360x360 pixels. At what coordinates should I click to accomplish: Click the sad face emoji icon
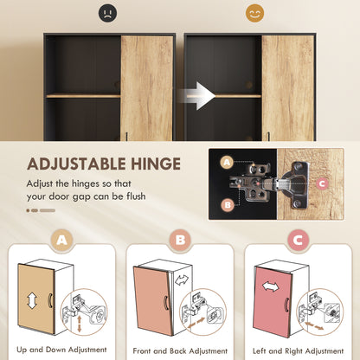(x=106, y=14)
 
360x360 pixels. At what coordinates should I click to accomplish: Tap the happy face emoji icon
(x=254, y=14)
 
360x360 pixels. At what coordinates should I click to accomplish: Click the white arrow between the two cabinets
(x=201, y=95)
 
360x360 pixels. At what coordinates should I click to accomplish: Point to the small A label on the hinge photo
(x=227, y=162)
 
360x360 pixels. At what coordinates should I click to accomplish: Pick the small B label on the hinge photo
(x=227, y=205)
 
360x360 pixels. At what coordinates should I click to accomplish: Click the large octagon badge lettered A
(x=61, y=241)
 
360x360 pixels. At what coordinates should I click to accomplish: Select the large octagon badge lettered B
(x=180, y=241)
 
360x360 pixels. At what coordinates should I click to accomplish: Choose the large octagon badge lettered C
(x=299, y=241)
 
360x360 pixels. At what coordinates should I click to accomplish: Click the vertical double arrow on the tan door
(x=32, y=300)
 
